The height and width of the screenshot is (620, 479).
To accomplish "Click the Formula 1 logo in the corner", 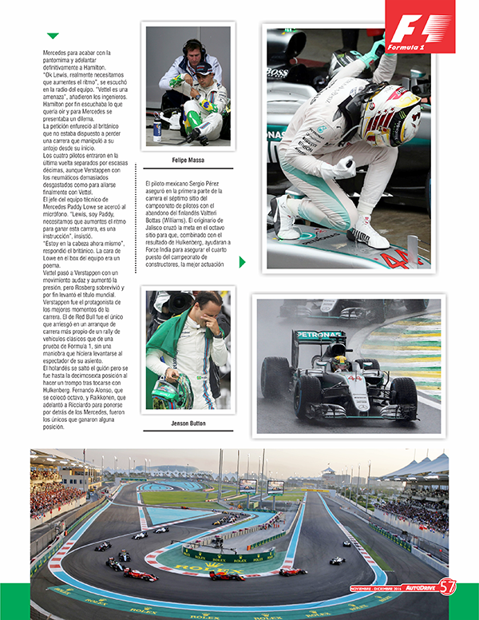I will click(x=420, y=28).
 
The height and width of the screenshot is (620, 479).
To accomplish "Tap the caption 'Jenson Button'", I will click(x=189, y=423).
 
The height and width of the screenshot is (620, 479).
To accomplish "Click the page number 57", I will click(x=448, y=586).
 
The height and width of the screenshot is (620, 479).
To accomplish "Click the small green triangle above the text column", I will click(x=53, y=36).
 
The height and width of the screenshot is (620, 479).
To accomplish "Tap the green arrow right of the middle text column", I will click(x=242, y=262).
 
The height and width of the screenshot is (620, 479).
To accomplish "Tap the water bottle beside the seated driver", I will click(x=157, y=131).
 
